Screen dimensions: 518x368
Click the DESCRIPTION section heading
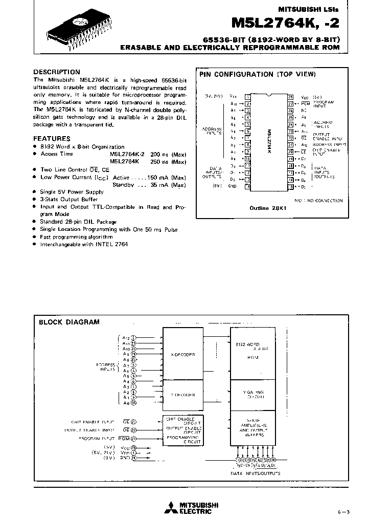pos(57,72)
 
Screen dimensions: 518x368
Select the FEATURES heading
pos(52,138)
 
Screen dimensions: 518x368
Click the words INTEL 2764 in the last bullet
pos(112,245)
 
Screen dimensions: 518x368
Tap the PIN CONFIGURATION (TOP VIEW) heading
pos(258,74)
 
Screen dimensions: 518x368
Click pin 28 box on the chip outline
pos(290,96)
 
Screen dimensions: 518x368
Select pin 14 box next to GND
pos(248,186)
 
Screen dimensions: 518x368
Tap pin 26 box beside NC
pos(290,110)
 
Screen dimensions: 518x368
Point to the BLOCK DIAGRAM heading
pos(70,322)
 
